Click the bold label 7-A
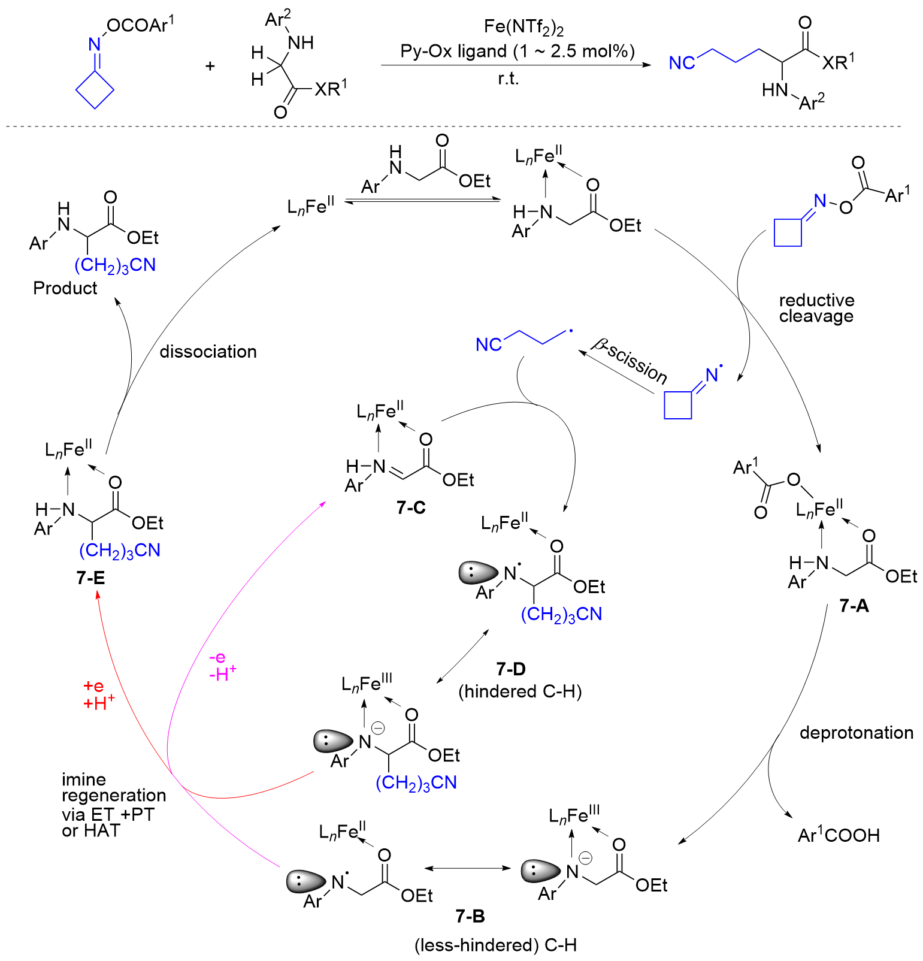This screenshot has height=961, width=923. pyautogui.click(x=854, y=606)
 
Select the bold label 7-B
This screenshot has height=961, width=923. pyautogui.click(x=470, y=916)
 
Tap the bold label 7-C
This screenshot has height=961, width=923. pyautogui.click(x=411, y=507)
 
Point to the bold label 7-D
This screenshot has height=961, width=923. pyautogui.click(x=511, y=668)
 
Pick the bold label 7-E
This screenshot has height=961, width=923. pyautogui.click(x=90, y=578)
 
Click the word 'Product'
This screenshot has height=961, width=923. pyautogui.click(x=65, y=288)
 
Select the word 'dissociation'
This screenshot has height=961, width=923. pyautogui.click(x=208, y=351)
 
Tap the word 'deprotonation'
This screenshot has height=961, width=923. pyautogui.click(x=856, y=732)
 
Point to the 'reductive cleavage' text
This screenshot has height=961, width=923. pyautogui.click(x=816, y=308)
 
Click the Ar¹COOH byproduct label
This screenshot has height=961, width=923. pyautogui.click(x=839, y=835)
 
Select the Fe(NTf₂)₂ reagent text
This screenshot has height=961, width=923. pyautogui.click(x=523, y=28)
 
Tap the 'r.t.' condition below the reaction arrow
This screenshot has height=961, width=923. pyautogui.click(x=508, y=78)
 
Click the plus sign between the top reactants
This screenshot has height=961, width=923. pyautogui.click(x=210, y=65)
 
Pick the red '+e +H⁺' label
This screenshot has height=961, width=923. pyautogui.click(x=98, y=694)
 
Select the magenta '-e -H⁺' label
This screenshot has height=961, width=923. pyautogui.click(x=222, y=666)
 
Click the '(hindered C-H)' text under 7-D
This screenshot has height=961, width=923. pyautogui.click(x=520, y=691)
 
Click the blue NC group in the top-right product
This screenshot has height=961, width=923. pyautogui.click(x=682, y=63)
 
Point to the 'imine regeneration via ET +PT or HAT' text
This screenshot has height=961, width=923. pyautogui.click(x=113, y=805)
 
